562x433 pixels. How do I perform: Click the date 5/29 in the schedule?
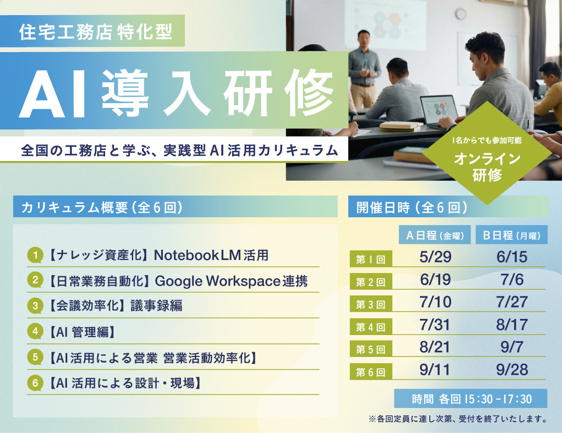pyautogui.click(x=435, y=257)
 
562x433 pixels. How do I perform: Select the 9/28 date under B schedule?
pyautogui.click(x=512, y=369)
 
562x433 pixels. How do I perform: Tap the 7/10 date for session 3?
pyautogui.click(x=435, y=302)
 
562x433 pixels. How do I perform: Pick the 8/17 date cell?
pyautogui.click(x=512, y=325)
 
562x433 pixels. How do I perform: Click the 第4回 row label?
pyautogui.click(x=371, y=327)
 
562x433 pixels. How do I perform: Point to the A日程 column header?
pyautogui.click(x=435, y=235)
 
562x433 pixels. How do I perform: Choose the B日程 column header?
pyautogui.click(x=512, y=235)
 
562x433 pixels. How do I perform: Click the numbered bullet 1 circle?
pyautogui.click(x=35, y=255)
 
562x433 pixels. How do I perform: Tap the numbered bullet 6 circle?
pyautogui.click(x=35, y=383)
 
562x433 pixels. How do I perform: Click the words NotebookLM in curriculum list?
pyautogui.click(x=197, y=255)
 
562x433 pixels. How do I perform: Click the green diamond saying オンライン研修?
pyautogui.click(x=487, y=153)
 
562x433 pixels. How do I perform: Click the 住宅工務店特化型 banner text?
pyautogui.click(x=96, y=32)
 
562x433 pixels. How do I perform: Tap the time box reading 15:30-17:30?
pyautogui.click(x=470, y=399)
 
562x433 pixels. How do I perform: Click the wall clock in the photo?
pyautogui.click(x=461, y=14)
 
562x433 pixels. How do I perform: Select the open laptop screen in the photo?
pyautogui.click(x=439, y=110)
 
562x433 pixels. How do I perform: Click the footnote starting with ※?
pyautogui.click(x=458, y=419)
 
